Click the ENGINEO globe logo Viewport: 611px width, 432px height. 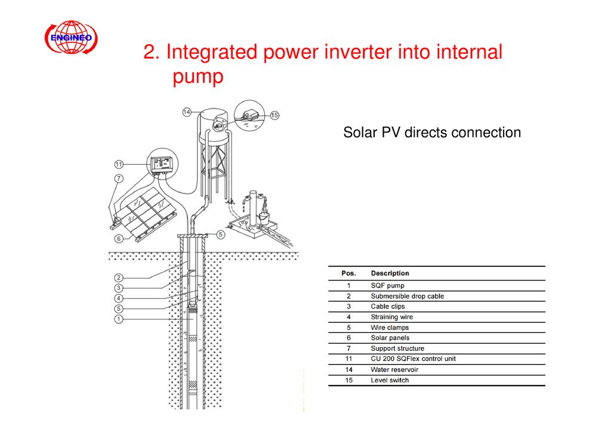tap(71, 38)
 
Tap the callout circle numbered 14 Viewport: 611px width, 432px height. tap(187, 112)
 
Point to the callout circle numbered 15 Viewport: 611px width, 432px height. tap(274, 115)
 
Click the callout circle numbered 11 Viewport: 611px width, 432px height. tap(119, 164)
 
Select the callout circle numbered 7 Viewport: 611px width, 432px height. tap(119, 178)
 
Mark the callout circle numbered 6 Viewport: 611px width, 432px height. tap(119, 239)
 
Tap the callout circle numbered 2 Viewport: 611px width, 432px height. tap(119, 277)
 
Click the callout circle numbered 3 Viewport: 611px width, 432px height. tap(119, 288)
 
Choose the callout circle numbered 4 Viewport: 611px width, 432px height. tap(119, 298)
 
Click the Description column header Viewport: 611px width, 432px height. tap(390, 273)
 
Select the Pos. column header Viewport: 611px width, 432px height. tap(348, 273)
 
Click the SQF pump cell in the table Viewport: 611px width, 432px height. tap(387, 285)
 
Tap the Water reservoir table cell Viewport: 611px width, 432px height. tap(394, 369)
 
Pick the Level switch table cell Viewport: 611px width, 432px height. tap(390, 380)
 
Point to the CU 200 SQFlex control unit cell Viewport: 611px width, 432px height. tap(413, 359)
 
